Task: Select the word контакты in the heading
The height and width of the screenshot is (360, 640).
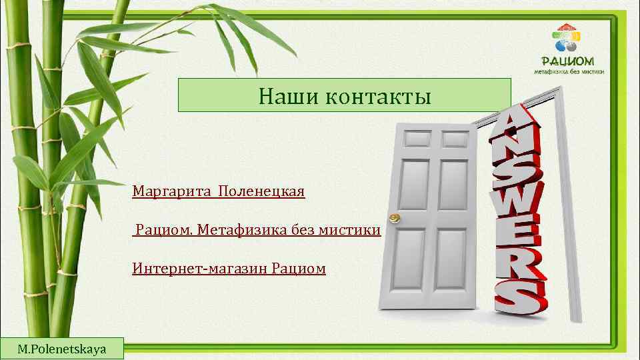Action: [x=379, y=97]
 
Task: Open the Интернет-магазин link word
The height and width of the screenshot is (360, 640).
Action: [x=200, y=269]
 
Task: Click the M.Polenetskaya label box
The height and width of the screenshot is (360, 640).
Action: [x=62, y=349]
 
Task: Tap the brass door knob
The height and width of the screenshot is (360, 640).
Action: [x=394, y=218]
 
